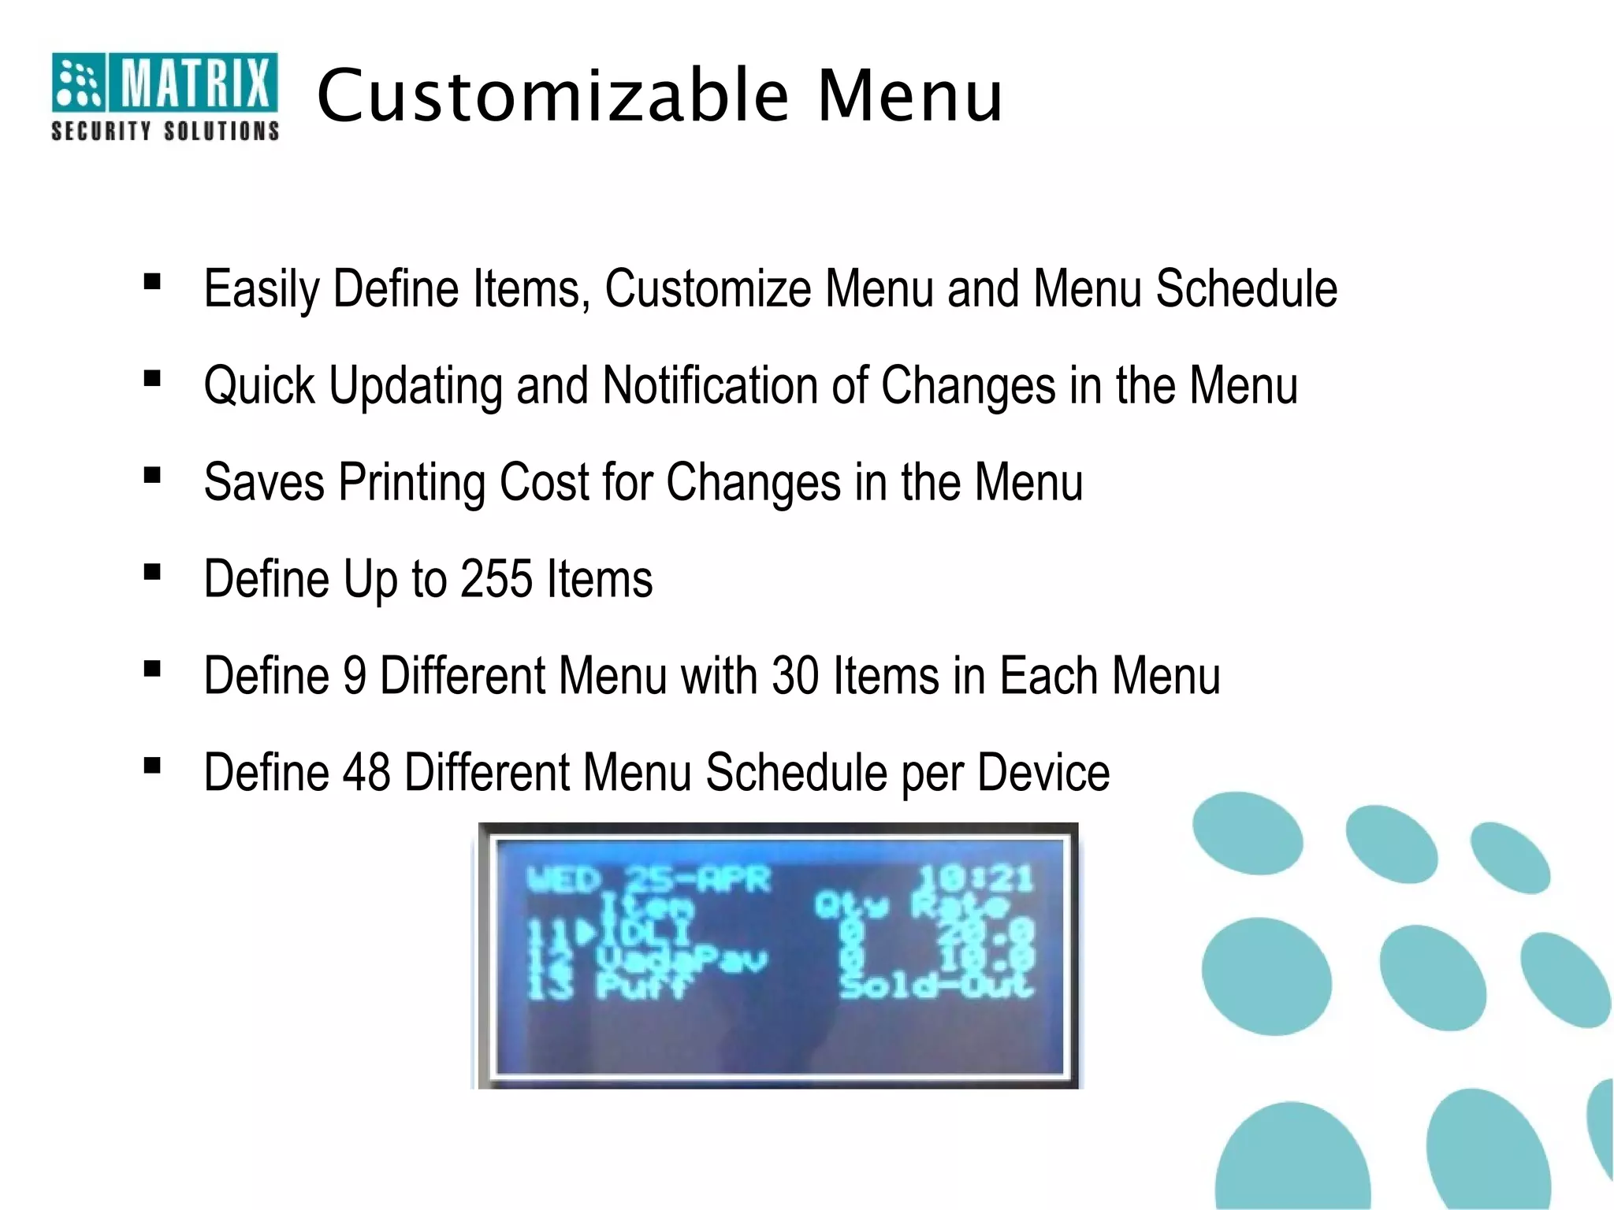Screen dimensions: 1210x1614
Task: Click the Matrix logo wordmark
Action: click(194, 81)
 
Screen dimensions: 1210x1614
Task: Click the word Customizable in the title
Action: click(552, 96)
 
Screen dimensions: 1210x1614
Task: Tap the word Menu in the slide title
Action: click(910, 96)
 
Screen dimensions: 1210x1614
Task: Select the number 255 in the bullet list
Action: click(496, 579)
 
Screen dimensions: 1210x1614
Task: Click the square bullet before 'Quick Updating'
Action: click(153, 379)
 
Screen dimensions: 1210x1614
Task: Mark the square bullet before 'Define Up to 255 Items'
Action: click(153, 573)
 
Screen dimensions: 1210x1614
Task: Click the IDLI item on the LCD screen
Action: click(646, 933)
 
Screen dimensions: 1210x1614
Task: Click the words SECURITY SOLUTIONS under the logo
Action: click(165, 131)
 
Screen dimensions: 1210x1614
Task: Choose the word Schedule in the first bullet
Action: click(1246, 288)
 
